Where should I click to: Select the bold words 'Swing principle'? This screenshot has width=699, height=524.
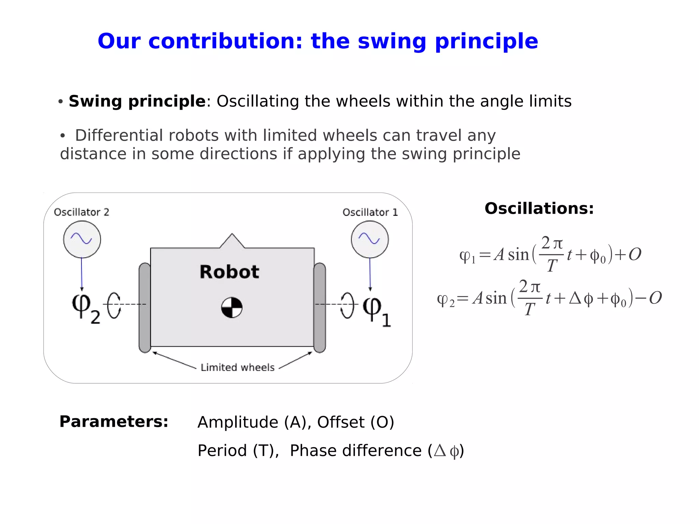137,101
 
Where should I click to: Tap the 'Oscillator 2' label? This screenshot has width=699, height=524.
82,212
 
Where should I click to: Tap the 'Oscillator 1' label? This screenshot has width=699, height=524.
370,212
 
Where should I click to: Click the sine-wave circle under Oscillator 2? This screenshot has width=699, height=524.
82,239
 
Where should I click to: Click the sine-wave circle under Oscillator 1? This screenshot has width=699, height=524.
370,239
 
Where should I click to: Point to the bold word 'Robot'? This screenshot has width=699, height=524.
229,272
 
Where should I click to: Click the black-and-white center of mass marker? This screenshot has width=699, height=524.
232,308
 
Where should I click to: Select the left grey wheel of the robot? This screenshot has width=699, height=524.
145,307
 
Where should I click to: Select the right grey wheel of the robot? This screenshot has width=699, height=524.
319,307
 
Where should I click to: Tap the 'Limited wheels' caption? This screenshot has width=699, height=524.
238,367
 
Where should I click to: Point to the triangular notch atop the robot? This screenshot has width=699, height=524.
232,241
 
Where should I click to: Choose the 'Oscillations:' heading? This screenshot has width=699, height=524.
539,209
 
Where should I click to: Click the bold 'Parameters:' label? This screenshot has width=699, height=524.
114,422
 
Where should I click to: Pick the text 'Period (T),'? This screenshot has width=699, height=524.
238,451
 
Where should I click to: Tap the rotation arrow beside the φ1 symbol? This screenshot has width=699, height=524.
348,306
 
